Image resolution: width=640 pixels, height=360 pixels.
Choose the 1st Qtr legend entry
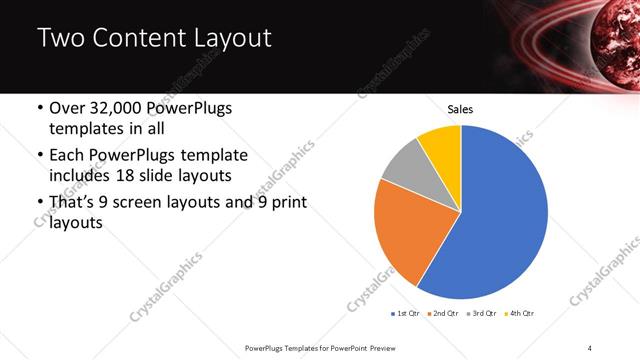[406, 313]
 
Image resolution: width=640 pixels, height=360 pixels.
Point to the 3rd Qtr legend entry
[481, 313]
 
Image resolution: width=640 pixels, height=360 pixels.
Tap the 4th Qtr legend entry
[520, 313]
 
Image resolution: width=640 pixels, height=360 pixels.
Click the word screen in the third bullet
[149, 202]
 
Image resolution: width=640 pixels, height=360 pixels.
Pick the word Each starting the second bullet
[67, 156]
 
